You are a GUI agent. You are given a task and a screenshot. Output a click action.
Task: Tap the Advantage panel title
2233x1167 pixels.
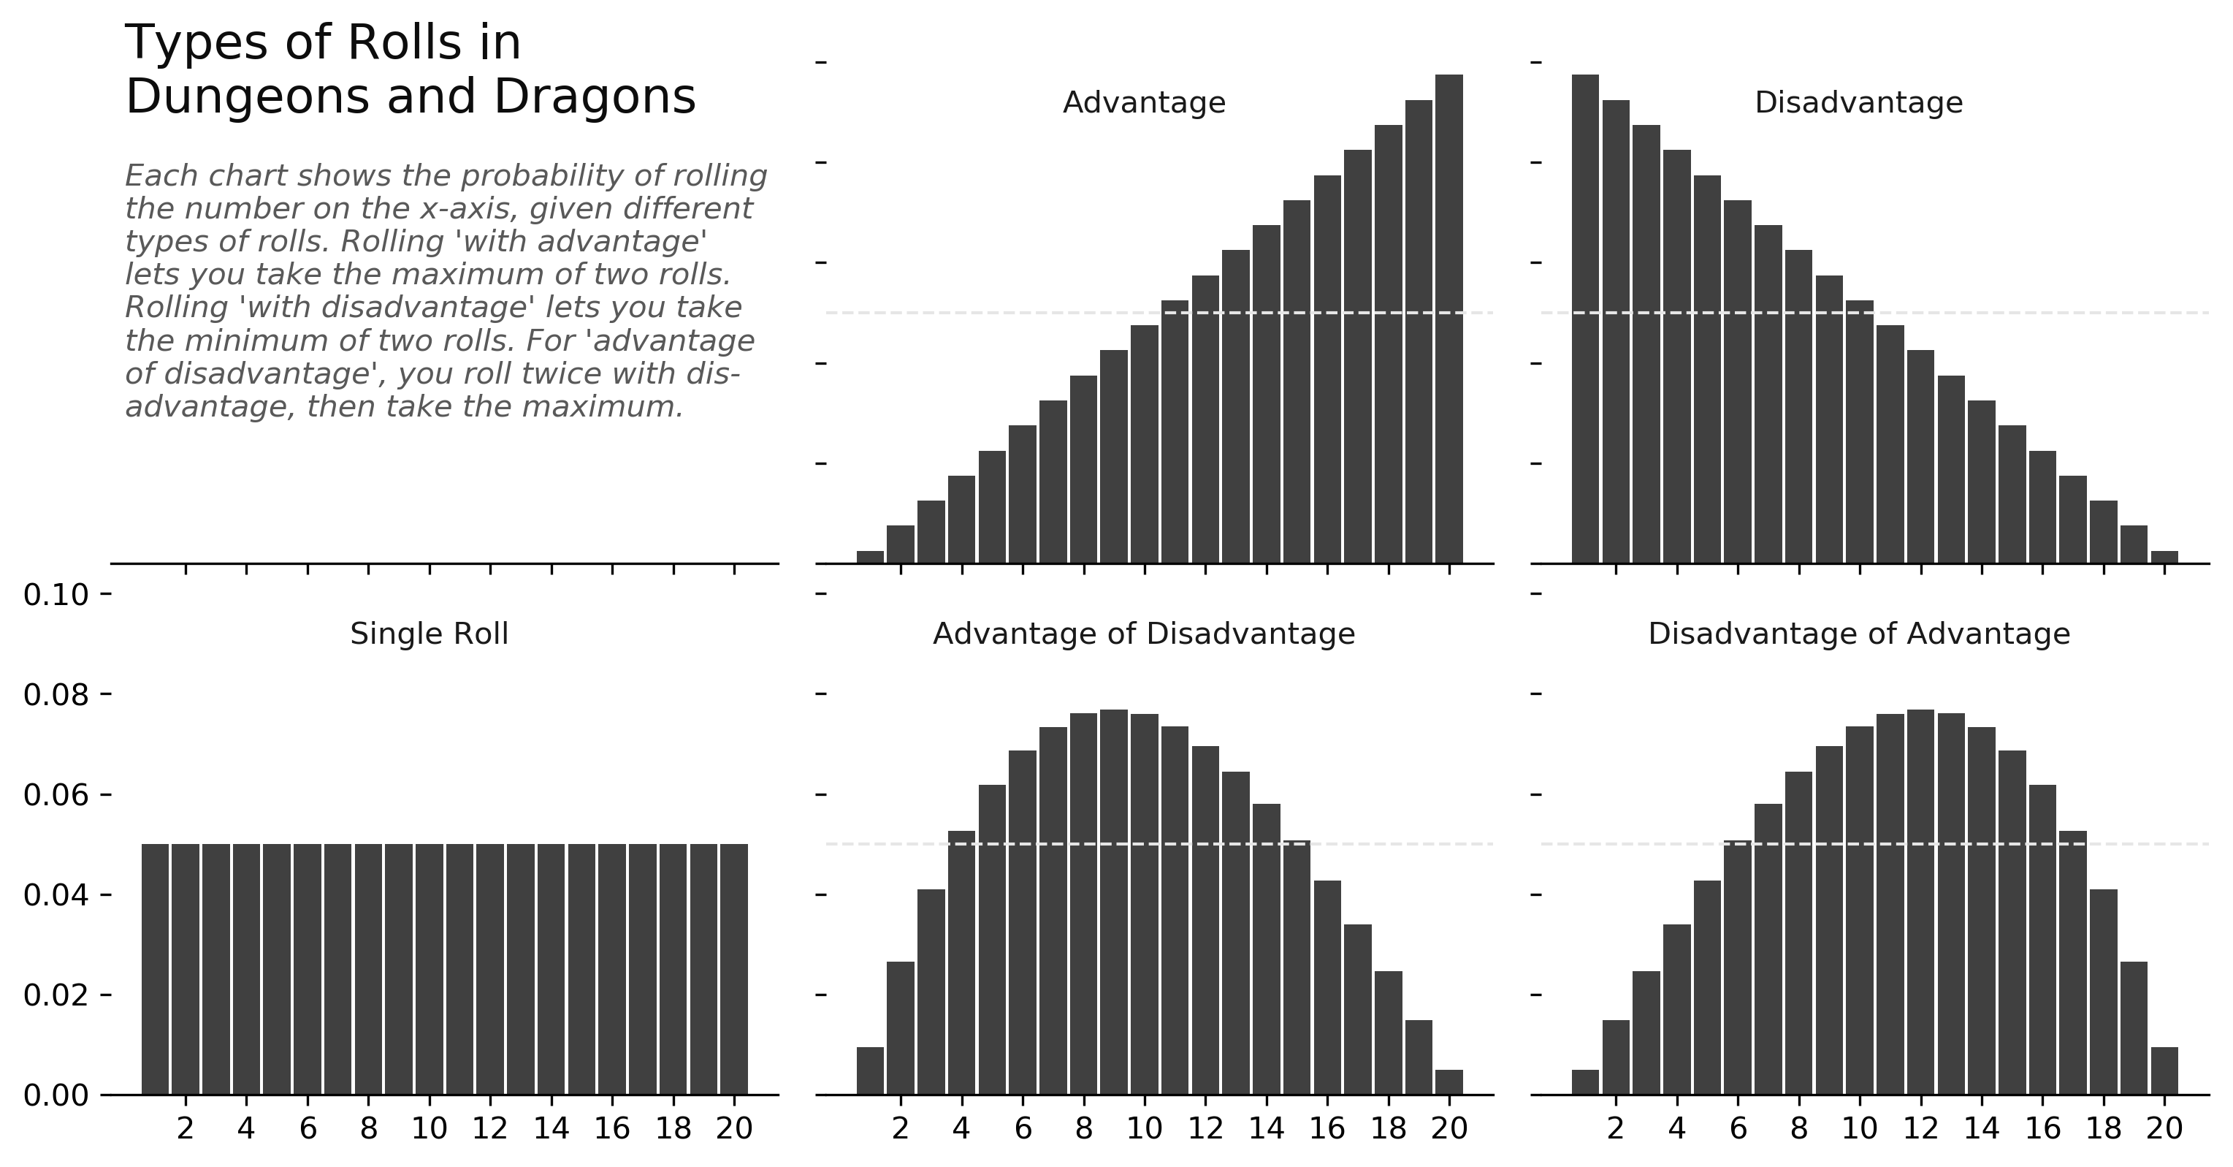(x=1143, y=103)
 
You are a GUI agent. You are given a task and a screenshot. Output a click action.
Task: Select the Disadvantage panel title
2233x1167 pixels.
(x=1858, y=103)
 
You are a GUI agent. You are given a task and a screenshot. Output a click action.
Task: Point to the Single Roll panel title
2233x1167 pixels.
(x=429, y=635)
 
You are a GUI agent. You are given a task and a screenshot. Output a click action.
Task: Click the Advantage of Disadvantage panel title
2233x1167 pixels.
(x=1143, y=635)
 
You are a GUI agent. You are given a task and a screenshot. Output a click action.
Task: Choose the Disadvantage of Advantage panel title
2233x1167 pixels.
(x=1858, y=635)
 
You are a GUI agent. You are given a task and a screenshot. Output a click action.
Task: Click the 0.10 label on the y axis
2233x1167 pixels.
(x=56, y=596)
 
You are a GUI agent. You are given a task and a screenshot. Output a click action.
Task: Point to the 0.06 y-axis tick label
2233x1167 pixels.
(x=56, y=796)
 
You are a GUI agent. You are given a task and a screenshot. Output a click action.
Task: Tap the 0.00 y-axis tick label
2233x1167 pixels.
(x=56, y=1097)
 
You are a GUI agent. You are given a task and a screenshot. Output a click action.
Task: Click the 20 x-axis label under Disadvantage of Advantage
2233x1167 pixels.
(x=2164, y=1129)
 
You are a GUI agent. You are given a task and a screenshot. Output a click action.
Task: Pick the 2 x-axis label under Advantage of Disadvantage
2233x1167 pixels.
(x=901, y=1129)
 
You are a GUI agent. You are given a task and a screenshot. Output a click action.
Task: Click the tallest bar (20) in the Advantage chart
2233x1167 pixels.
(x=1448, y=321)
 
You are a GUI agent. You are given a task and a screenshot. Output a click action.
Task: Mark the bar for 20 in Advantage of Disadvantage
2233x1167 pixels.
(x=1448, y=1083)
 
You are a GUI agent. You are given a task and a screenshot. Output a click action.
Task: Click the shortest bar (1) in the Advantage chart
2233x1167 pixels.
(x=869, y=558)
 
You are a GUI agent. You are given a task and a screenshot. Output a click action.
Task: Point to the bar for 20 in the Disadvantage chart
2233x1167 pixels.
(x=2164, y=558)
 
